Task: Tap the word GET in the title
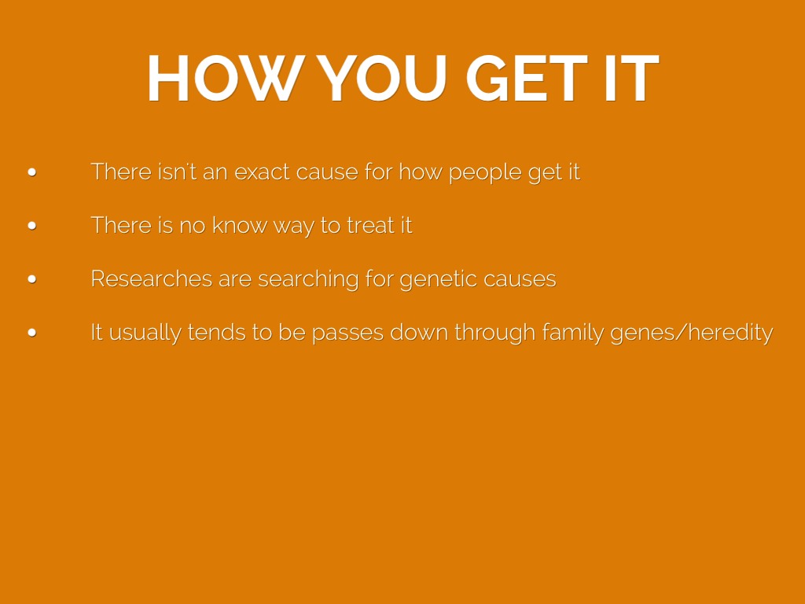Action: pos(526,78)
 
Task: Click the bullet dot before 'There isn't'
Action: pos(31,172)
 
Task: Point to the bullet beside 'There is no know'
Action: pos(31,226)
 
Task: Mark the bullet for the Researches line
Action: pos(31,279)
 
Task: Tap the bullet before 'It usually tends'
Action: pos(31,333)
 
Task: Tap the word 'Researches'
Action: pos(152,279)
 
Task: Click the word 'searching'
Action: pos(308,280)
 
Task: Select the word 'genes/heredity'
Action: pos(692,333)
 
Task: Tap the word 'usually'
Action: pos(145,333)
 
